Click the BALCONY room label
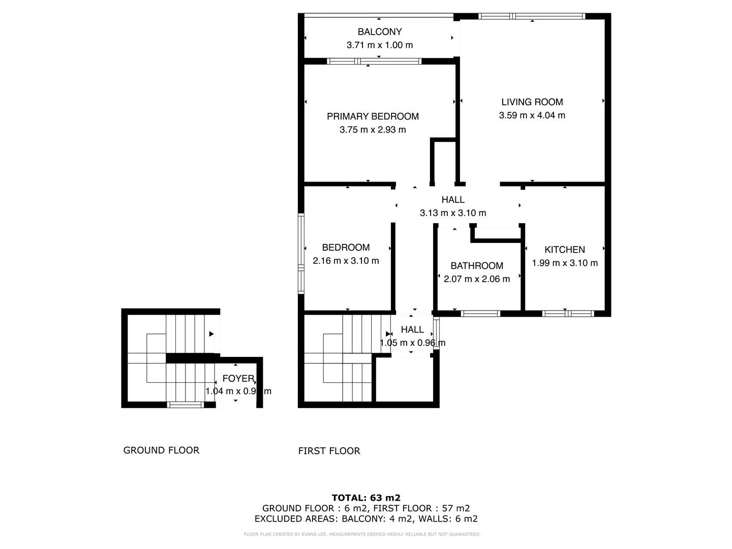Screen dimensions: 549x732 click(x=379, y=32)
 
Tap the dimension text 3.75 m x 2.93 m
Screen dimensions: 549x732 click(x=373, y=130)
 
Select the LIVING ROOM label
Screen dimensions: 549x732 click(x=532, y=102)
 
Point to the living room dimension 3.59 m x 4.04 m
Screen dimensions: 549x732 click(x=532, y=115)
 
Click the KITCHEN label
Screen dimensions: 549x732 click(x=564, y=250)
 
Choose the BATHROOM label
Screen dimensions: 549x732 click(x=476, y=266)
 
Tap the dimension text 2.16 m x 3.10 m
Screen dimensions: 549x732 click(x=346, y=261)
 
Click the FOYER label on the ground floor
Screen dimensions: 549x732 click(x=238, y=379)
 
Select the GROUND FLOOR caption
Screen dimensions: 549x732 click(x=161, y=450)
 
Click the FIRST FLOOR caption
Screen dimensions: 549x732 click(x=329, y=451)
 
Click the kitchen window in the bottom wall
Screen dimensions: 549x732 click(x=568, y=314)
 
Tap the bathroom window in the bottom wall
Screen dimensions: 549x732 click(x=480, y=314)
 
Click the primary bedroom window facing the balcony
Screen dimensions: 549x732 click(x=374, y=62)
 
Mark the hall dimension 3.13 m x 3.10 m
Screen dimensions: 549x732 click(x=452, y=213)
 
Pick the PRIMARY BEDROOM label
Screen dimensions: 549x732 click(x=373, y=116)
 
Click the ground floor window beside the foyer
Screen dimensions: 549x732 click(x=186, y=405)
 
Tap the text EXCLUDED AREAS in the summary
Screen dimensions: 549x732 click(x=296, y=519)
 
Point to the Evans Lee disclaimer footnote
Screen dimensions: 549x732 click(x=362, y=534)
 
